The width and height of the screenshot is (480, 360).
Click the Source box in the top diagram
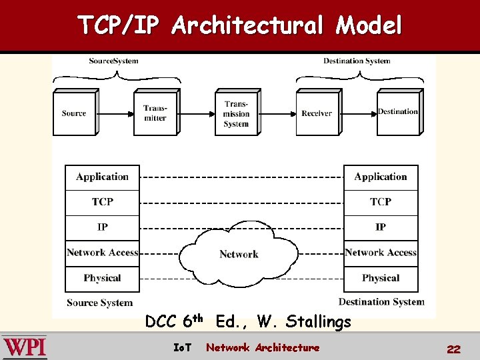pyautogui.click(x=73, y=113)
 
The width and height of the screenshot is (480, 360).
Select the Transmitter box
pyautogui.click(x=155, y=113)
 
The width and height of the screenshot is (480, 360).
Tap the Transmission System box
pyautogui.click(x=236, y=114)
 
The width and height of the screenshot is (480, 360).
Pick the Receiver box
pyautogui.click(x=316, y=113)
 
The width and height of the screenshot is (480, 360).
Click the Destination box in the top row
pyautogui.click(x=397, y=112)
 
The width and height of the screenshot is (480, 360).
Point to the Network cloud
pyautogui.click(x=239, y=254)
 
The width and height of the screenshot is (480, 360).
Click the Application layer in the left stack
pyautogui.click(x=102, y=177)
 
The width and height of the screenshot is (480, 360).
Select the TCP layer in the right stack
pyautogui.click(x=381, y=202)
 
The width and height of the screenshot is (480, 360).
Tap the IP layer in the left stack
pyautogui.click(x=102, y=227)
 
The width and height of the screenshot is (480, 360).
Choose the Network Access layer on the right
pyautogui.click(x=381, y=253)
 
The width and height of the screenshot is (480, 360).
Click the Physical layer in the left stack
pyautogui.click(x=102, y=278)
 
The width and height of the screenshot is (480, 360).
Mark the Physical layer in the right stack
pyautogui.click(x=381, y=278)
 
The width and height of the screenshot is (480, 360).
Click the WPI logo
pyautogui.click(x=24, y=347)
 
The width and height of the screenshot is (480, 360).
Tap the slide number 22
pyautogui.click(x=454, y=349)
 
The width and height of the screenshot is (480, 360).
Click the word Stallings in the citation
pyautogui.click(x=318, y=323)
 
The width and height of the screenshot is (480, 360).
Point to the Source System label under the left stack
pyautogui.click(x=99, y=303)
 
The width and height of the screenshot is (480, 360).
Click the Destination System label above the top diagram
pyautogui.click(x=357, y=61)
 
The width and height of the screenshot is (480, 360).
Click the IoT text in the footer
pyautogui.click(x=182, y=347)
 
